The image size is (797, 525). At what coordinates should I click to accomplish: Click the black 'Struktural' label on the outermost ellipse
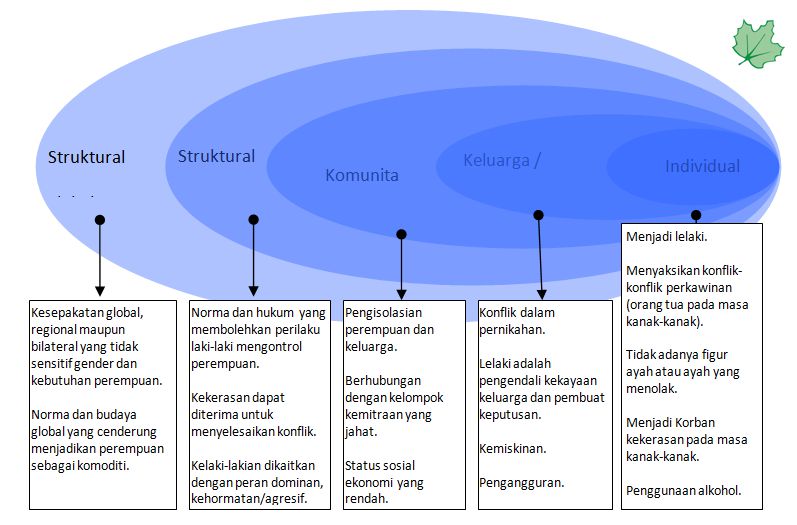tap(87, 157)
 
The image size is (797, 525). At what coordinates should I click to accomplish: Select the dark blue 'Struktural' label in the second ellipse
tap(216, 156)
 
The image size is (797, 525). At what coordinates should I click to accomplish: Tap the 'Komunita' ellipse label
tap(362, 175)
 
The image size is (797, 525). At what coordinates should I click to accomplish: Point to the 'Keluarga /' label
tap(502, 160)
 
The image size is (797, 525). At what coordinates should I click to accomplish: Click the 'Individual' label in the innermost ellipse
tap(703, 166)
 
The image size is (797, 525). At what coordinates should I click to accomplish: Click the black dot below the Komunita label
tap(401, 234)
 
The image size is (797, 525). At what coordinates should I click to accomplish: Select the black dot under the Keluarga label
tap(538, 214)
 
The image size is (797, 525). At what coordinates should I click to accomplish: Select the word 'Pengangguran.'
tap(522, 483)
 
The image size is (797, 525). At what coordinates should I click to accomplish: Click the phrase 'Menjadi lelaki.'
tap(667, 237)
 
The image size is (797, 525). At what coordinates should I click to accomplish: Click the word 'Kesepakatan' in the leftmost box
tap(73, 311)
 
